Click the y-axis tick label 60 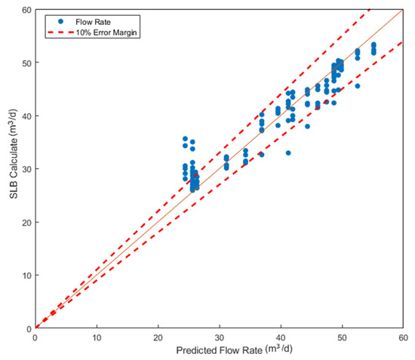26,10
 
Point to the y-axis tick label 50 26,63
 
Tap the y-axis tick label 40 26,115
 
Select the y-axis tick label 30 26,169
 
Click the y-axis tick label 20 26,222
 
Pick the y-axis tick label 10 26,275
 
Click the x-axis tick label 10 97,337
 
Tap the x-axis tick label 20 158,337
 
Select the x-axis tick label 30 220,337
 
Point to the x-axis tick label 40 281,337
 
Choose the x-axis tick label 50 342,337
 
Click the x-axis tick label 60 403,337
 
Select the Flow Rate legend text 89,21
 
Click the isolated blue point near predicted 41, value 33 287,153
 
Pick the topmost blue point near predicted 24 185,139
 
